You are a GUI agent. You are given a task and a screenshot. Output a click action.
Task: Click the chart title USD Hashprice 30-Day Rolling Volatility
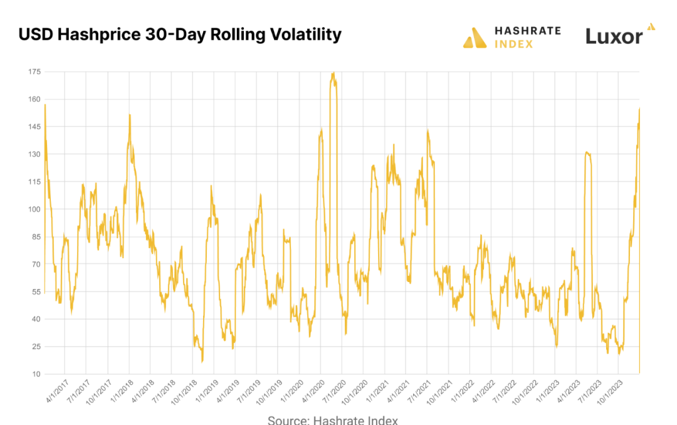(180, 34)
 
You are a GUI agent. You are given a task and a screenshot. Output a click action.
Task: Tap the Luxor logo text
(614, 36)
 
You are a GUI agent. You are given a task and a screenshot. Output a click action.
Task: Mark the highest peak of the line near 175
(333, 73)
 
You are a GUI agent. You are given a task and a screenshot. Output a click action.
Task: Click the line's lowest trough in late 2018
(202, 361)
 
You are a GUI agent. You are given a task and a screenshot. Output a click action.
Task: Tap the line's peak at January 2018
(129, 115)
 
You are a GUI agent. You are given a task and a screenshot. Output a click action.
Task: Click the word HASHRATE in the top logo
(528, 31)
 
